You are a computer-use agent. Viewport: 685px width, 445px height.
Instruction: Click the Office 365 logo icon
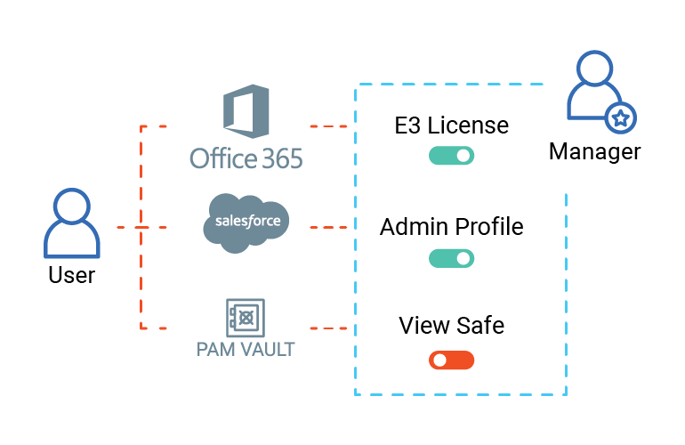[246, 111]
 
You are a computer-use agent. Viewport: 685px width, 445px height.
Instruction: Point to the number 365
[281, 159]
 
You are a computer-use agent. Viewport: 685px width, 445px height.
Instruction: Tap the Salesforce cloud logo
[246, 222]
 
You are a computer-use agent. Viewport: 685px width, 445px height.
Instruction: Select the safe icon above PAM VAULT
[245, 317]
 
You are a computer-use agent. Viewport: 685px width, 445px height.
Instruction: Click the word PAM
[213, 349]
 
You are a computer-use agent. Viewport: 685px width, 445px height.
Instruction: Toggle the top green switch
[451, 156]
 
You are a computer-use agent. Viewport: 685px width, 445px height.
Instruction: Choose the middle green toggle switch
[451, 258]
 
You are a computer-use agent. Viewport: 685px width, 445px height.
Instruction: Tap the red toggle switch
[451, 360]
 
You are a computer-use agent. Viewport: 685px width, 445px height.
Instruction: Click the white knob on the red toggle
[439, 360]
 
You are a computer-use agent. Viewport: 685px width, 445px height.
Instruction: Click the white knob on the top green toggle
[463, 156]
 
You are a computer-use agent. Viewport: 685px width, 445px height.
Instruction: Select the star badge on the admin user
[621, 117]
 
